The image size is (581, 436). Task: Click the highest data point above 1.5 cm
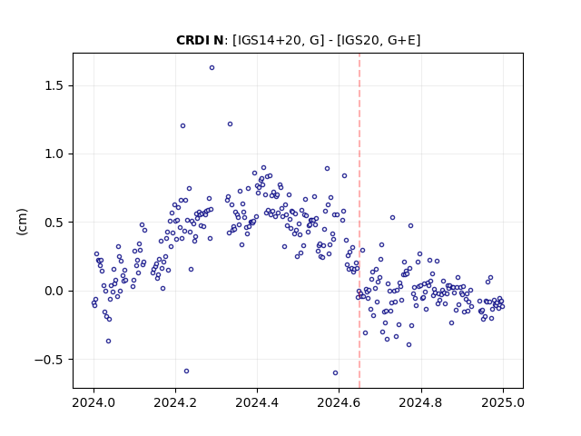click(x=212, y=68)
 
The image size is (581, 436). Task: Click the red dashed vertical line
click(x=359, y=221)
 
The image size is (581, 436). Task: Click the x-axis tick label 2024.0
click(x=94, y=402)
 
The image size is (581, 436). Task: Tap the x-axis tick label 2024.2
click(x=175, y=402)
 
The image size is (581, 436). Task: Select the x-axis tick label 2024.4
click(x=257, y=402)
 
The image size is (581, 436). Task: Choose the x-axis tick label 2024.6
click(x=339, y=402)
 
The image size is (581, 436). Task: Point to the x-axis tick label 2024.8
click(x=421, y=402)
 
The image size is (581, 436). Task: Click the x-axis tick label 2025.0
click(x=503, y=402)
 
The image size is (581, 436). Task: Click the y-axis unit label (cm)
click(x=22, y=222)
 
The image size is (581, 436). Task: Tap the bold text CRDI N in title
click(x=200, y=40)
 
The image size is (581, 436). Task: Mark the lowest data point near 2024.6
click(x=335, y=373)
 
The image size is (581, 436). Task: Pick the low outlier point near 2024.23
click(x=186, y=372)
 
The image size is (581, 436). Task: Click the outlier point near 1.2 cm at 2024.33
click(x=230, y=124)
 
